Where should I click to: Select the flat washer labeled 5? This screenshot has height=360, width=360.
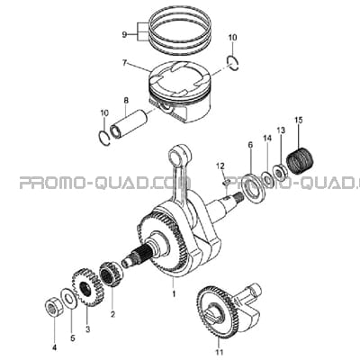point(67,299)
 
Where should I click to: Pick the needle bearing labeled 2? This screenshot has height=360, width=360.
point(112,274)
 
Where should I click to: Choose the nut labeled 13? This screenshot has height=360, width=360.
point(280,173)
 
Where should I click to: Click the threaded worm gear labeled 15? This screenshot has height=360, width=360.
point(299,161)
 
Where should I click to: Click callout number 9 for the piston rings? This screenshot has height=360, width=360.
point(124,35)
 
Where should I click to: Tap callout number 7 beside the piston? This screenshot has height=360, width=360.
point(124,63)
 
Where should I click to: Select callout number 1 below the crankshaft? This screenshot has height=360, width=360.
point(174,294)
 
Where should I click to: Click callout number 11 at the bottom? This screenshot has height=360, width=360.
point(220,352)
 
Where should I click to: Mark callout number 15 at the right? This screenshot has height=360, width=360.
point(299,121)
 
